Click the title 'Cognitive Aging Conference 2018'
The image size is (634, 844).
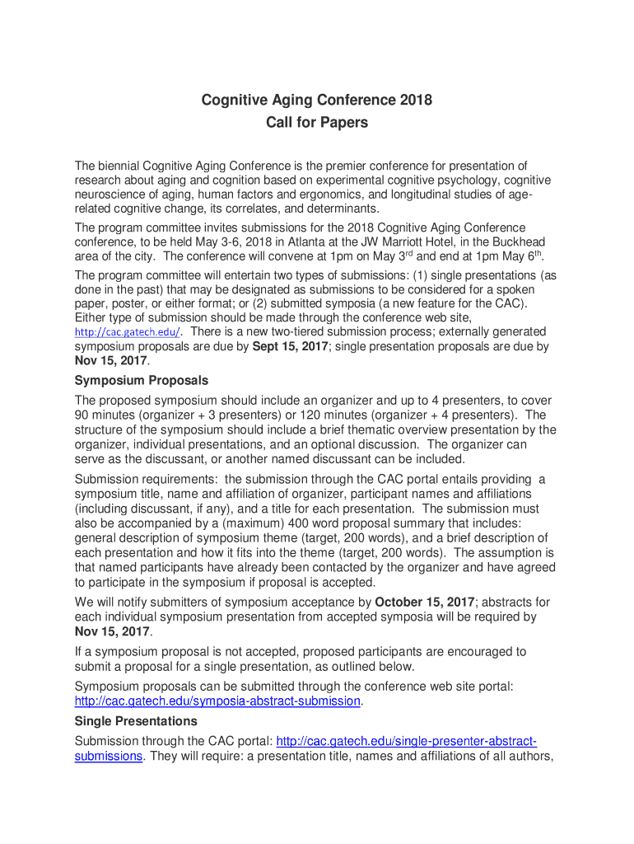click(x=317, y=101)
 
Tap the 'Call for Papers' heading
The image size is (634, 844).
click(x=317, y=123)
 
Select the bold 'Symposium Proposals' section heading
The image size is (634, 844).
click(x=142, y=381)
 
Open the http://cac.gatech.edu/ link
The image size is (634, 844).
click(x=127, y=332)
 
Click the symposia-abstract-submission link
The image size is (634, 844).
click(x=217, y=701)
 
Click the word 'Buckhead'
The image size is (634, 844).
click(x=518, y=241)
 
